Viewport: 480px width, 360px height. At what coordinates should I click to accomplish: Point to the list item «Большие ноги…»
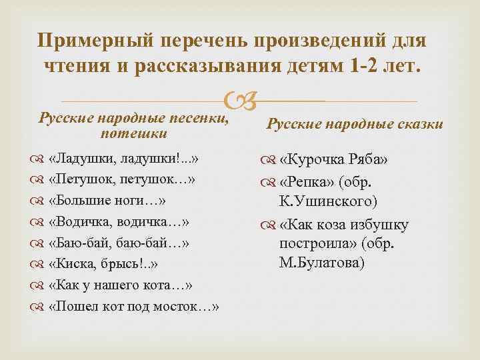pyautogui.click(x=107, y=201)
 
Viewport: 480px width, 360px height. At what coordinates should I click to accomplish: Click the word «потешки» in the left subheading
pyautogui.click(x=133, y=135)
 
